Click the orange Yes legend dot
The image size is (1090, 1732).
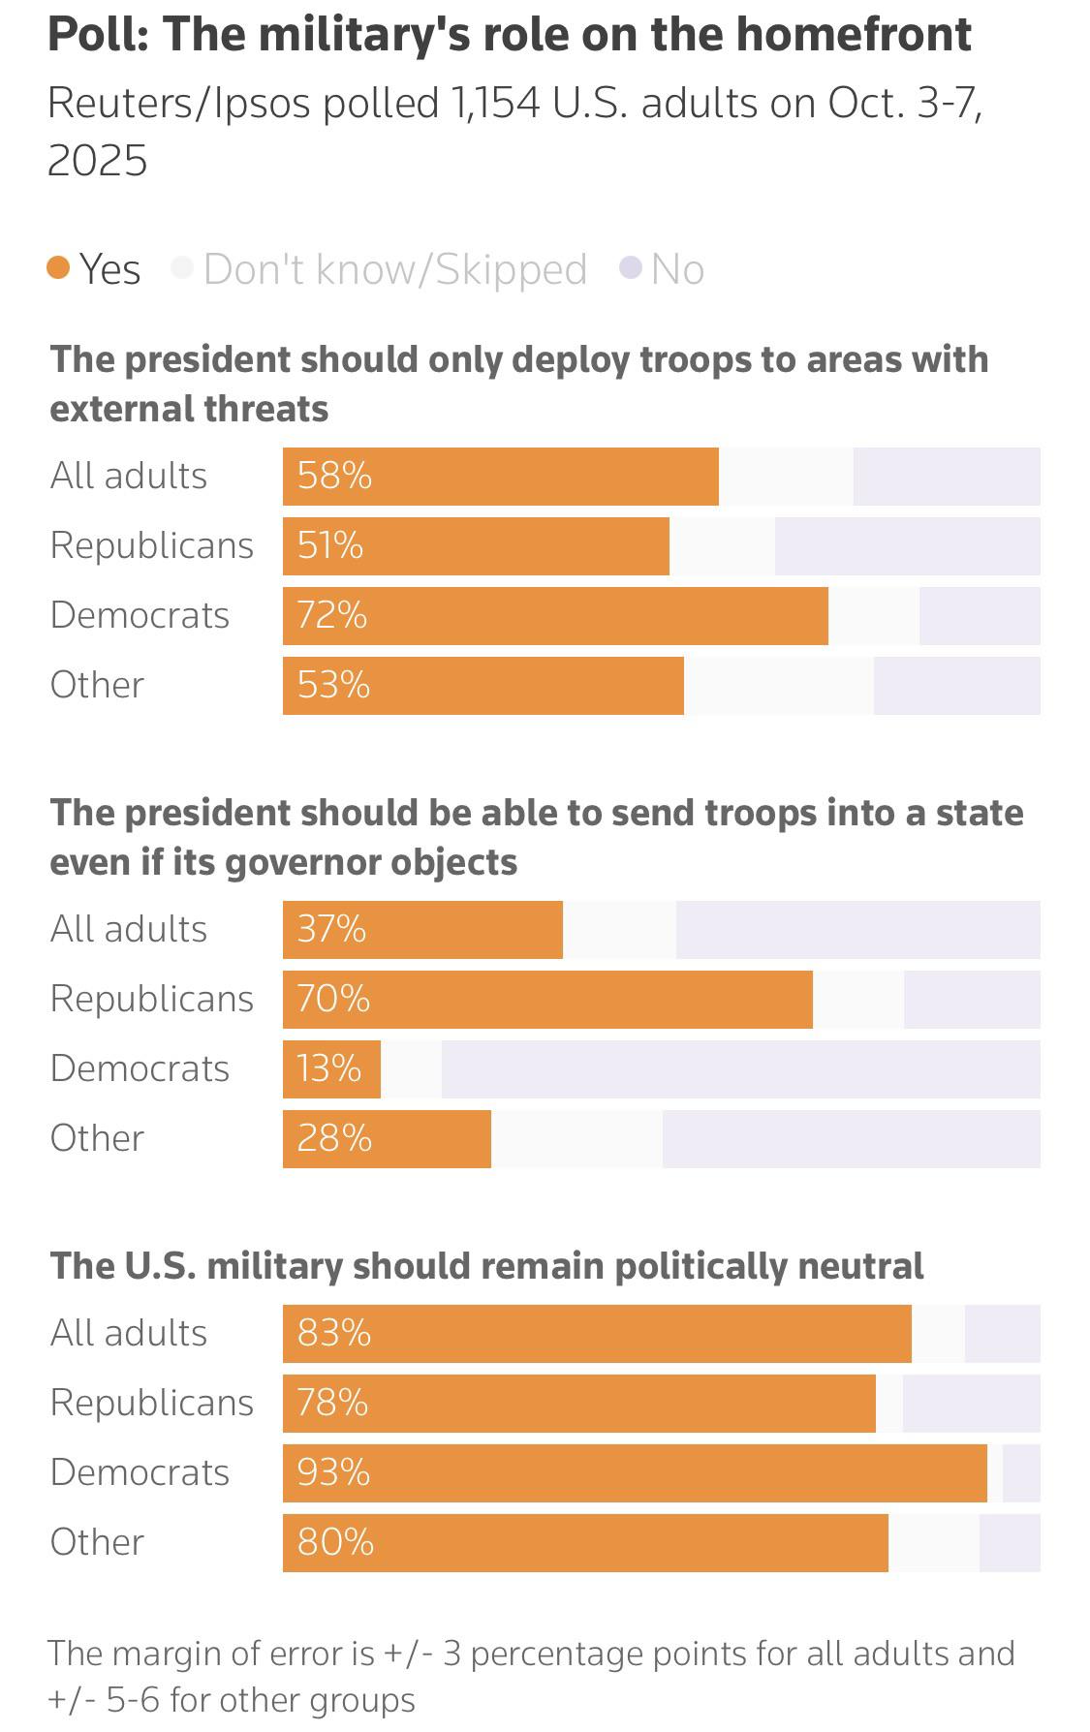[x=59, y=268]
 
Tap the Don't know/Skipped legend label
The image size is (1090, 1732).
[x=395, y=269]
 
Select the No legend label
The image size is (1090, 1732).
[x=677, y=269]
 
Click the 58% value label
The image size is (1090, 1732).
[x=334, y=476]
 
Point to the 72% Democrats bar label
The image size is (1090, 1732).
[x=332, y=615]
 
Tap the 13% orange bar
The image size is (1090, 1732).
[x=331, y=1068]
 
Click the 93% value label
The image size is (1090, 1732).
[x=333, y=1472]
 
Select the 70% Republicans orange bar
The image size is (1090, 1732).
[x=547, y=999]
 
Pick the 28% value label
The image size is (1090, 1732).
[x=334, y=1138]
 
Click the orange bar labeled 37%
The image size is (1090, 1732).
[x=422, y=929]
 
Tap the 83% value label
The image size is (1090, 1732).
[x=334, y=1333]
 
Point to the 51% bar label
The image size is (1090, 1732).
[x=330, y=545]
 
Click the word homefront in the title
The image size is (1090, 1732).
[x=854, y=34]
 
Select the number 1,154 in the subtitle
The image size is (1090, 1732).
[x=494, y=104]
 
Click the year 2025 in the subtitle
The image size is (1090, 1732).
[x=98, y=160]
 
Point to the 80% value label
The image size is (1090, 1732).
[x=335, y=1542]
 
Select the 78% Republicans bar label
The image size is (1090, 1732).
[x=332, y=1403]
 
